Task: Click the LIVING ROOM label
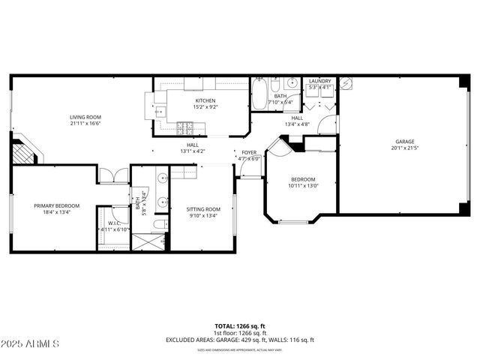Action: click(x=85, y=117)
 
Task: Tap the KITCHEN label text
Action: click(x=205, y=100)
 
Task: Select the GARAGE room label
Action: click(x=405, y=142)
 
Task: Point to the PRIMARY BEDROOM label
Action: click(x=56, y=205)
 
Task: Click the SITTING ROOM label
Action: click(x=203, y=208)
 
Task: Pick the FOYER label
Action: click(x=249, y=153)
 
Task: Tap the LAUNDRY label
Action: click(x=320, y=81)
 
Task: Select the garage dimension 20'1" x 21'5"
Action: click(x=405, y=148)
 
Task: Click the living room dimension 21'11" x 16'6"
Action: click(x=85, y=124)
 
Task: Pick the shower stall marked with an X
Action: click(x=148, y=242)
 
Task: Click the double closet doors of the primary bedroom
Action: click(x=114, y=177)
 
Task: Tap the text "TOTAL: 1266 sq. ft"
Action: click(x=240, y=326)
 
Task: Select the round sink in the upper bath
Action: click(x=292, y=82)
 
